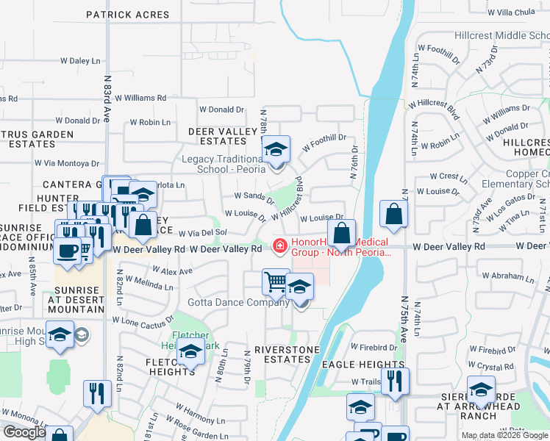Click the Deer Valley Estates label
tap(218, 136)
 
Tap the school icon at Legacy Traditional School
tap(276, 150)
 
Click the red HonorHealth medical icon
tap(279, 245)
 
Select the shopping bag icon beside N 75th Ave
tap(394, 213)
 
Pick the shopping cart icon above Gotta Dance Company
tap(275, 281)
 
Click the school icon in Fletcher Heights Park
tap(190, 352)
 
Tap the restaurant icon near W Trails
tap(396, 381)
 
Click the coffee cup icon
tap(67, 251)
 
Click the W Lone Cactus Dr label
tap(141, 320)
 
